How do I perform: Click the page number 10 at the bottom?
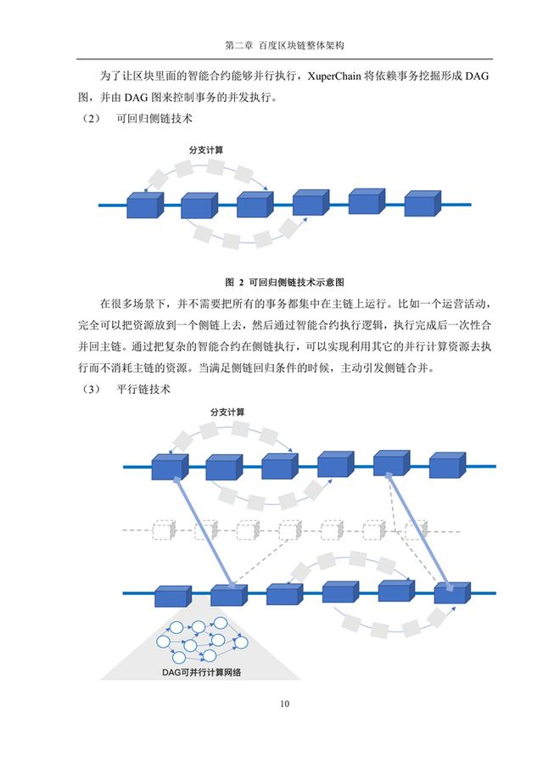(x=285, y=704)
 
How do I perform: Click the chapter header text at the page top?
(x=285, y=46)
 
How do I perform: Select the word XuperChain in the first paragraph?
(x=334, y=76)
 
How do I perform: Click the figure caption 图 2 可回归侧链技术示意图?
(x=285, y=282)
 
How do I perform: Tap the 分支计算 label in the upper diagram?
(x=206, y=150)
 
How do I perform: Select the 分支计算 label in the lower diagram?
(x=227, y=412)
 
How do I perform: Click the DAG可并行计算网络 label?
(x=201, y=672)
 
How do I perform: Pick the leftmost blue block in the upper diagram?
(x=145, y=205)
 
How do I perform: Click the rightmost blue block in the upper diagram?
(x=423, y=204)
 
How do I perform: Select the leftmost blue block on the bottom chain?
(x=173, y=595)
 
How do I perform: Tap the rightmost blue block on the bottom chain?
(x=452, y=592)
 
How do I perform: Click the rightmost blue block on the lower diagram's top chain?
(x=447, y=465)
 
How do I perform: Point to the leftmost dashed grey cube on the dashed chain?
(x=163, y=530)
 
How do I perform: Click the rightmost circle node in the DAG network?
(x=241, y=643)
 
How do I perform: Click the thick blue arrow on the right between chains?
(x=418, y=531)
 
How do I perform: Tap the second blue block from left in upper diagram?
(x=199, y=205)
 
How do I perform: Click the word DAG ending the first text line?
(x=477, y=76)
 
